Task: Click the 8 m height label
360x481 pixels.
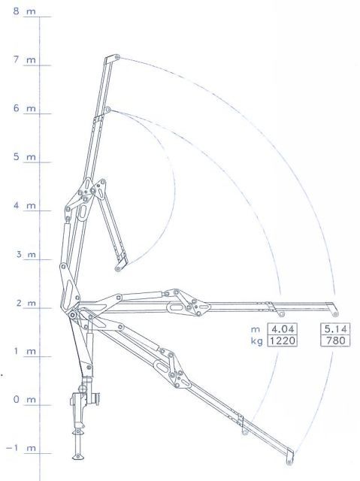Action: coord(24,11)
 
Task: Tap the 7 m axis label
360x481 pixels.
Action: coord(24,59)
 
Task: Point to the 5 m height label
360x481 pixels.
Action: coord(24,157)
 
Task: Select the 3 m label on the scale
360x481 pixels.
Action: coord(26,254)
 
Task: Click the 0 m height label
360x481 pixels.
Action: coord(24,399)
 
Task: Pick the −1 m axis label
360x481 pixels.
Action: coord(20,448)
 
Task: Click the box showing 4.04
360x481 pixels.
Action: coord(283,329)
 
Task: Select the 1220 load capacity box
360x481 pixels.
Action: coord(283,340)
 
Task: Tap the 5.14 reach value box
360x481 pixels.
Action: coord(335,329)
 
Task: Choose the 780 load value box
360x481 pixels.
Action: coord(335,340)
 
